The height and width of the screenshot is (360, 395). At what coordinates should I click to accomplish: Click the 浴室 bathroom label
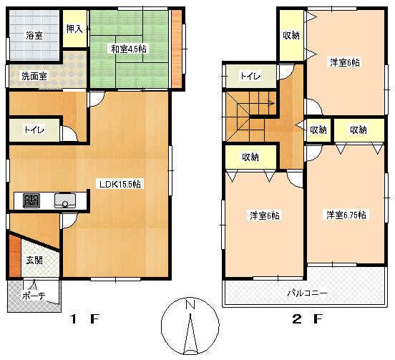pos(34,34)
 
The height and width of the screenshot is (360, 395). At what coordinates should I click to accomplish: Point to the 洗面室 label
pos(33,76)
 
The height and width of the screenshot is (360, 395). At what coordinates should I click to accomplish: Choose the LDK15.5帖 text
pos(120,184)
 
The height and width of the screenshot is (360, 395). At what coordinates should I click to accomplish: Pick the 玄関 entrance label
pos(34,261)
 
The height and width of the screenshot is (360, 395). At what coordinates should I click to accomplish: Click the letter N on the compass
pos(190,305)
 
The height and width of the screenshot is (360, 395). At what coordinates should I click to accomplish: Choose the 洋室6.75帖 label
pos(346,215)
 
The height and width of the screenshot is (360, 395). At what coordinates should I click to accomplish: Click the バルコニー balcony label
pos(308,293)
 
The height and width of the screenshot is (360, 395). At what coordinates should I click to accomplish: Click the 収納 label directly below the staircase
pos(249,157)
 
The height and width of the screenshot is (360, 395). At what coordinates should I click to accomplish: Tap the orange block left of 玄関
pos(14,254)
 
